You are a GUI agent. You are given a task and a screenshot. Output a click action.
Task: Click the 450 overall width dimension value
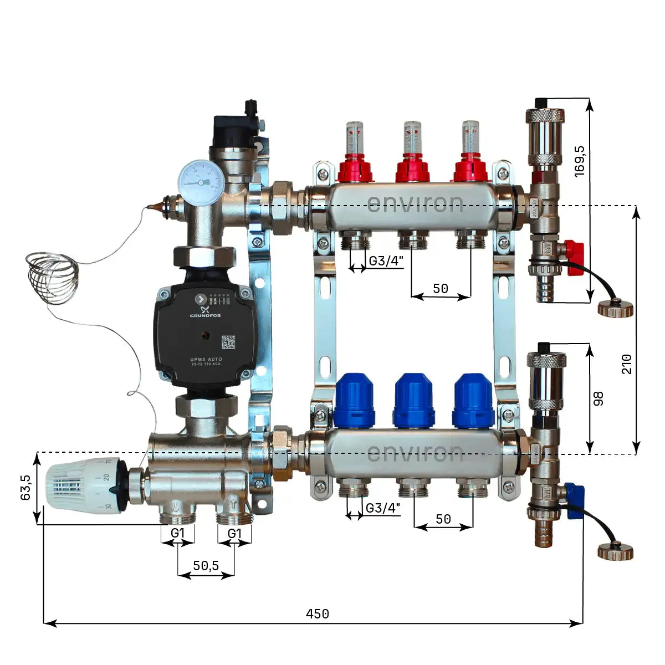pyautogui.click(x=318, y=614)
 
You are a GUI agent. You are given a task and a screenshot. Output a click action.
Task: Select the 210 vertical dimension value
pyautogui.click(x=627, y=364)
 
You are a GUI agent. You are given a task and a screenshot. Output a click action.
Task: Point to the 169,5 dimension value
pyautogui.click(x=580, y=161)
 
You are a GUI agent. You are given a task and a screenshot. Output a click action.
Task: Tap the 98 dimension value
pyautogui.click(x=598, y=398)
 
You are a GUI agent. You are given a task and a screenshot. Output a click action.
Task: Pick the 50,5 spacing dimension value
pyautogui.click(x=206, y=565)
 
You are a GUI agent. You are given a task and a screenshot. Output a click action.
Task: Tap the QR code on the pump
pyautogui.click(x=228, y=342)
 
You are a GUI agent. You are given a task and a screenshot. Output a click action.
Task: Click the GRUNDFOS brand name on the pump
pyautogui.click(x=205, y=316)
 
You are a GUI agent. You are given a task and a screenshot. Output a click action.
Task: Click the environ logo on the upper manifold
pyautogui.click(x=415, y=204)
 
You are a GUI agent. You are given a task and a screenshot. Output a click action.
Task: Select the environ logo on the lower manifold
pyautogui.click(x=415, y=453)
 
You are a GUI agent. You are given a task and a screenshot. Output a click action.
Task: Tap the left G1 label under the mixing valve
pyautogui.click(x=177, y=533)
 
